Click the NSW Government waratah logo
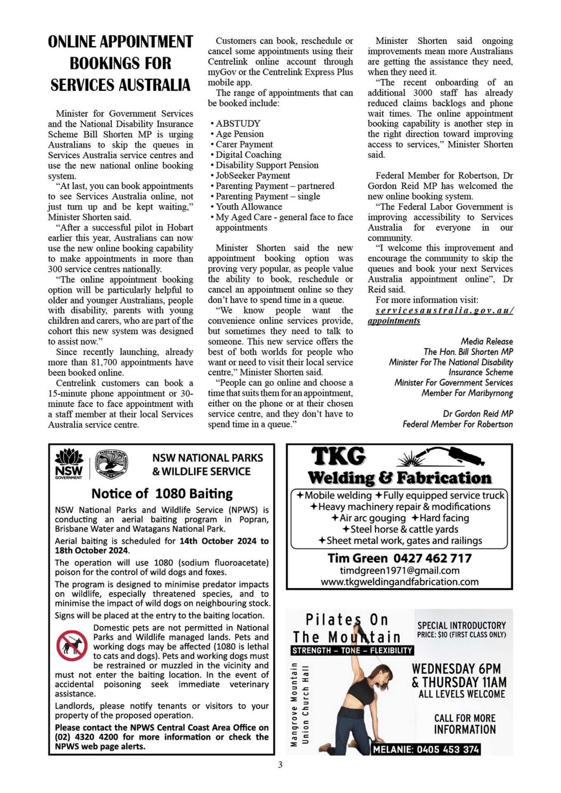[69, 463]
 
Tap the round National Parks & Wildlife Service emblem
[112, 463]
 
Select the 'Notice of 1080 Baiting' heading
[162, 494]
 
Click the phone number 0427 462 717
[432, 558]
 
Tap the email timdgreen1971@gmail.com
[399, 570]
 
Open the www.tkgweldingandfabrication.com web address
[399, 582]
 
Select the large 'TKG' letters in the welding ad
[338, 456]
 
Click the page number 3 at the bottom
[280, 765]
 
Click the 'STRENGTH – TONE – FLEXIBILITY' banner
[352, 651]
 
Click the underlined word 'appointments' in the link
[394, 321]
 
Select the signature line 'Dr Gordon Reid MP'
[478, 413]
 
